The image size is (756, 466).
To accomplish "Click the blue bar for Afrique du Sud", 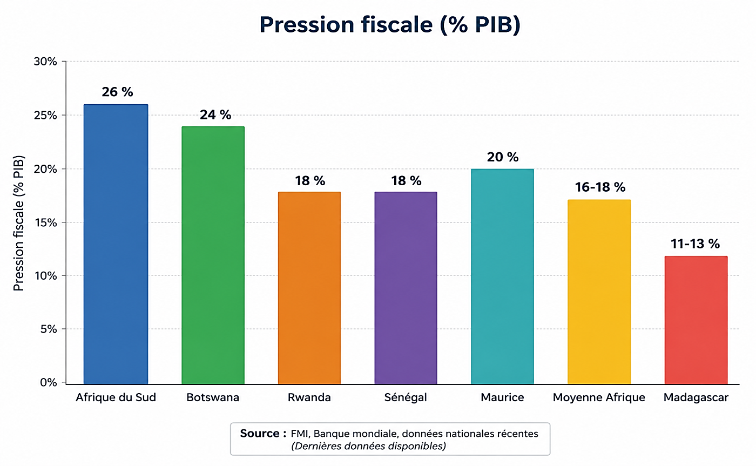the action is [116, 244].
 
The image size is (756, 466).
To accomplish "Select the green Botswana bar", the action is [213, 255].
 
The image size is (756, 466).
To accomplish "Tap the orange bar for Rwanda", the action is [309, 288].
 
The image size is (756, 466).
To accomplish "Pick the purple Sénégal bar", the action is [406, 288].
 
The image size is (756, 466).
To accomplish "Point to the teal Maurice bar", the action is [502, 276].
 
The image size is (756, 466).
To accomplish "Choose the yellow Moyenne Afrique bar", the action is [599, 292].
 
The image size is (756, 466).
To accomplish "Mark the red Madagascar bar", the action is [696, 320].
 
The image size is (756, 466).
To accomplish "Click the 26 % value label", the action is [118, 92].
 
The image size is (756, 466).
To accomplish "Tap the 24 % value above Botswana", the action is [215, 114].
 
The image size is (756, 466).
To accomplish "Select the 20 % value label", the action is [503, 157].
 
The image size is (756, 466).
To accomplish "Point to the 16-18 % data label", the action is [600, 187].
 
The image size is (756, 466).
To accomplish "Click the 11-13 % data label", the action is [696, 244].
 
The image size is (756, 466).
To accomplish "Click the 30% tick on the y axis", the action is [45, 62].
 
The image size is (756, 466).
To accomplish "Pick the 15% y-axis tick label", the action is [45, 222].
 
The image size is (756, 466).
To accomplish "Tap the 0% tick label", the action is [48, 382].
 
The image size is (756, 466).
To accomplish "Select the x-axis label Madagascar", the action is [696, 397].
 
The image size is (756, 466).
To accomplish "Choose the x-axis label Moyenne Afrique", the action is [599, 397].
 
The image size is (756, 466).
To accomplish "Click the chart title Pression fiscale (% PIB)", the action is [390, 25].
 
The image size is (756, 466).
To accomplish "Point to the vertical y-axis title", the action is [18, 223].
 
